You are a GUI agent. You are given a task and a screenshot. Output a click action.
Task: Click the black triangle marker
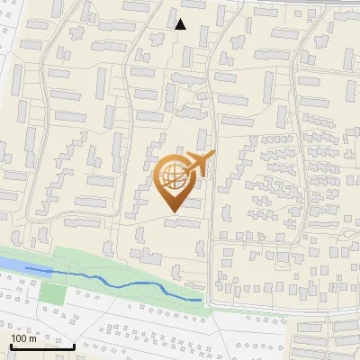(x=180, y=24)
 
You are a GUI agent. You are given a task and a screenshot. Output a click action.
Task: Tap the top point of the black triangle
(x=180, y=19)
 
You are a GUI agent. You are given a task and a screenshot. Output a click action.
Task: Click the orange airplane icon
(x=199, y=165)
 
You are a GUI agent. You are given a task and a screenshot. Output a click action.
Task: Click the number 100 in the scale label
(x=19, y=337)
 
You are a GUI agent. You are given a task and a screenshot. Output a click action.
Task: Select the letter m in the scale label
(x=32, y=337)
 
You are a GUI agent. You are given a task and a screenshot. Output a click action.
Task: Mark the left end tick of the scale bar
(x=9, y=346)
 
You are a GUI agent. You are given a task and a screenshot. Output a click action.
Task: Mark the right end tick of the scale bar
(x=74, y=346)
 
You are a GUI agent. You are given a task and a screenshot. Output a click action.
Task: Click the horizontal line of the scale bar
(x=41, y=347)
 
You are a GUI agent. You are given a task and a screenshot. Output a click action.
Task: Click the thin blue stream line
(x=117, y=282)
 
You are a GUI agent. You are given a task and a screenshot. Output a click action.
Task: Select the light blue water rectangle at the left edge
(x=9, y=264)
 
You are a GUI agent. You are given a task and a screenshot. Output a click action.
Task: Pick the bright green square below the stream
(x=54, y=293)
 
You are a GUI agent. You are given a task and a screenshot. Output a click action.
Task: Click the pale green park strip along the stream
(x=135, y=261)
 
